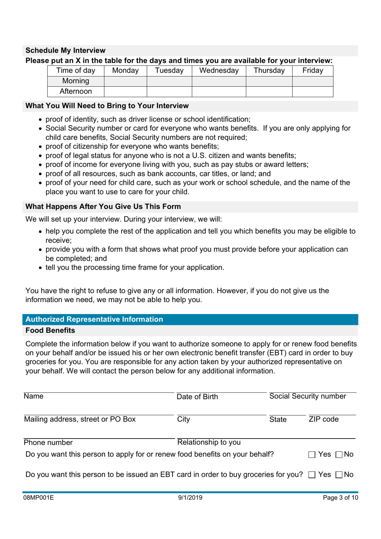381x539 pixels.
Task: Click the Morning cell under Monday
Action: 125,81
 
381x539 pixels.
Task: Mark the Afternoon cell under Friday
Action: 312,92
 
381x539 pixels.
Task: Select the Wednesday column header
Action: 219,71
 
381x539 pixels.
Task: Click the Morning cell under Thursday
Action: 269,81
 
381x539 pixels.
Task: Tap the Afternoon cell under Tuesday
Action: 169,92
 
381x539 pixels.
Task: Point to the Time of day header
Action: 76,71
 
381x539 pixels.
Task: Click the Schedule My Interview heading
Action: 65,51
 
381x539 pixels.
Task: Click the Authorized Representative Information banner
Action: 94,319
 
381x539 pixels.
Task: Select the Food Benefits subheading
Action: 50,331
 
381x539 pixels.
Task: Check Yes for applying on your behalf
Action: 312,455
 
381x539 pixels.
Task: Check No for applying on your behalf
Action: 339,455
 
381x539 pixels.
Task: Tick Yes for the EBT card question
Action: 312,475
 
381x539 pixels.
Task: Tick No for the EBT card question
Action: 339,475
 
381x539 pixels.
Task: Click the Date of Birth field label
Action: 197,397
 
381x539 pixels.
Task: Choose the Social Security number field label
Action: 308,396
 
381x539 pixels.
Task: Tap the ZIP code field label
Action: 324,419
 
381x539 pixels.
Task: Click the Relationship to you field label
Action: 209,442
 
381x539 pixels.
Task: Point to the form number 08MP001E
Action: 39,498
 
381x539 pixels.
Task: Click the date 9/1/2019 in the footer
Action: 190,498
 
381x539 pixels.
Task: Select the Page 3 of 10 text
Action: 340,498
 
